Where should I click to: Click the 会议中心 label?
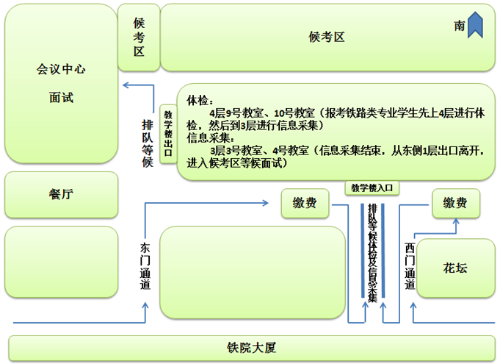click(61, 69)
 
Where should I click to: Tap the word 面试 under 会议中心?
click(61, 98)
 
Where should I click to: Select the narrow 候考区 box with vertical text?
click(139, 37)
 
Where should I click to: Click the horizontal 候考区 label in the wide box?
click(327, 38)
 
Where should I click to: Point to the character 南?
click(460, 26)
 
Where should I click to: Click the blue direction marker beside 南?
click(475, 24)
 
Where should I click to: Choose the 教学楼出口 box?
click(168, 133)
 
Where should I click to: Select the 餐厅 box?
click(61, 194)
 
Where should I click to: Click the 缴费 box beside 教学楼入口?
click(305, 203)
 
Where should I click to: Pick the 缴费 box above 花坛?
click(455, 204)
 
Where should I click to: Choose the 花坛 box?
click(454, 268)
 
